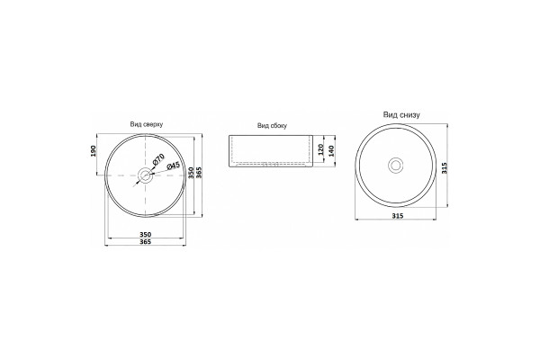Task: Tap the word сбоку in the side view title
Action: click(278, 126)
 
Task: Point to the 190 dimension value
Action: click(93, 151)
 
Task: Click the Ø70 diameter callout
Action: click(158, 158)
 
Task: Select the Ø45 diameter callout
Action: click(173, 166)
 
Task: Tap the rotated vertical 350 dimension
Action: click(191, 173)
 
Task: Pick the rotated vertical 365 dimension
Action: click(198, 173)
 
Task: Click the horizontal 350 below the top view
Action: click(145, 235)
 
